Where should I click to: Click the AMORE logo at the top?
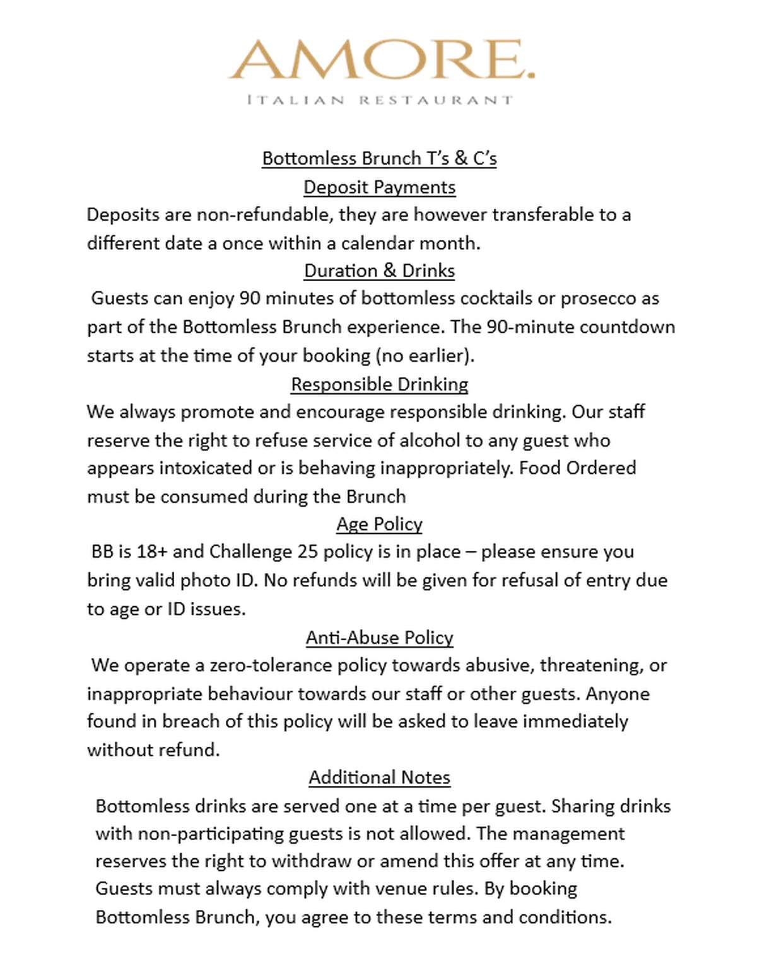tap(381, 60)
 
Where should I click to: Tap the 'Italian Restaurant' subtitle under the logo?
tap(380, 100)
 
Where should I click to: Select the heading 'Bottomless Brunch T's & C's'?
tap(379, 158)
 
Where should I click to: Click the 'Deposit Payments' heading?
tap(379, 187)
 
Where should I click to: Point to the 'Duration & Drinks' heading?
tap(379, 271)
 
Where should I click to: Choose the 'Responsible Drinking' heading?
tap(379, 384)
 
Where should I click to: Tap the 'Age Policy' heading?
tap(379, 524)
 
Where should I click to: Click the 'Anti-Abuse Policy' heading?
tap(379, 638)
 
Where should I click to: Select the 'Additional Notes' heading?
tap(379, 778)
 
